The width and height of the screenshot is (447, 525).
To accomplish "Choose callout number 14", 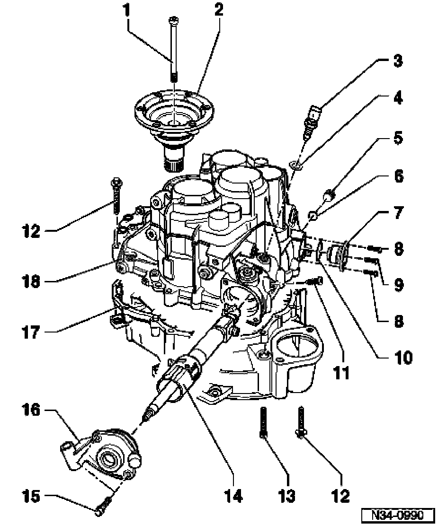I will [x=233, y=496].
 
